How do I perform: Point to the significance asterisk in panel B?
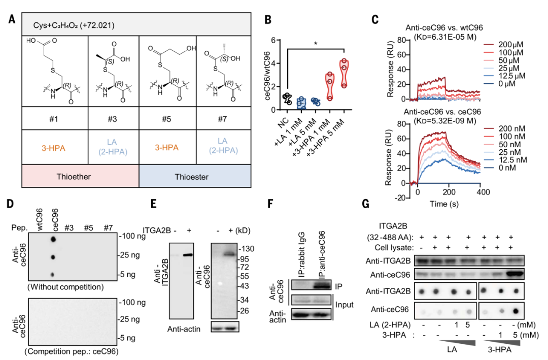(316, 44)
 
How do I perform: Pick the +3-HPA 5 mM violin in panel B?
(345, 73)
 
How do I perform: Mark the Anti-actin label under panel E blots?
(184, 329)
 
